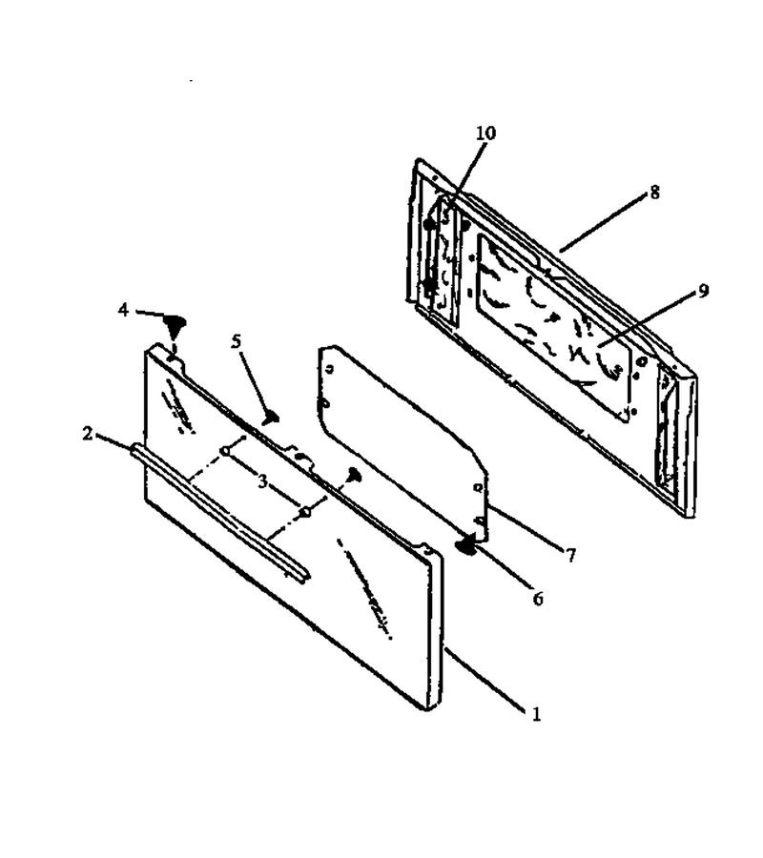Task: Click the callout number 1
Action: coord(536,713)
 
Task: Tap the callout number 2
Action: coord(88,435)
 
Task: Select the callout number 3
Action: coord(263,482)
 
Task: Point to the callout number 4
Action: coord(123,310)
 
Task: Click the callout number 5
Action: coord(236,341)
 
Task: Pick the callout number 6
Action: coord(538,600)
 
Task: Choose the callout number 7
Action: coord(571,556)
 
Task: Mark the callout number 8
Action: coord(654,193)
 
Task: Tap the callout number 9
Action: coord(703,291)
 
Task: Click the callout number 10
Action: coord(485,133)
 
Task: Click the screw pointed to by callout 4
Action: coord(175,325)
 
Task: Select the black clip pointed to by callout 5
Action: coord(271,419)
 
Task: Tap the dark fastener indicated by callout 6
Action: coord(466,545)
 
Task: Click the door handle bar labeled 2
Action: coord(220,513)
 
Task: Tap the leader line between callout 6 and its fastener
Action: coord(502,568)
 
